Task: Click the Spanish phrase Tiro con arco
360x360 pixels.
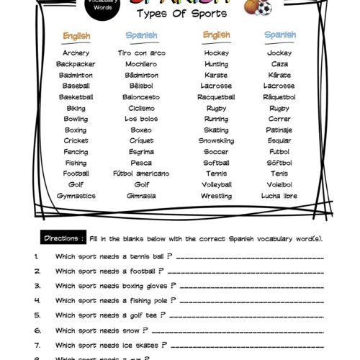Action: (141, 53)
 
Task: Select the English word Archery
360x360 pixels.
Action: (76, 53)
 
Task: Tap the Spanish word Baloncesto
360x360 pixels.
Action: (141, 97)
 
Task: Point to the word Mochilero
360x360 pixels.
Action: (141, 64)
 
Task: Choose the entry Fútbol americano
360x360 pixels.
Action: (141, 174)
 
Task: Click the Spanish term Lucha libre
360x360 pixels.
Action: (279, 196)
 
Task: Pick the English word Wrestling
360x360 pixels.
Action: (216, 196)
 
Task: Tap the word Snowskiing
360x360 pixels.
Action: (216, 141)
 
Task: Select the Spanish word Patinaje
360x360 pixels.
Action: (279, 130)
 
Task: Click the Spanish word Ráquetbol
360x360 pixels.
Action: (279, 97)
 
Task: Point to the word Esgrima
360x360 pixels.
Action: (141, 152)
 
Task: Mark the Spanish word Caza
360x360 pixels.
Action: (279, 64)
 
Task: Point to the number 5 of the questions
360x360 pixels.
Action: (36, 315)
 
